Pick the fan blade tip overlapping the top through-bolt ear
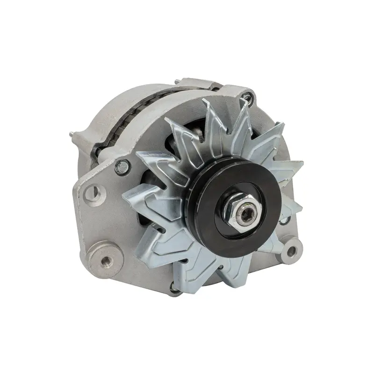pyautogui.click(x=243, y=107)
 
